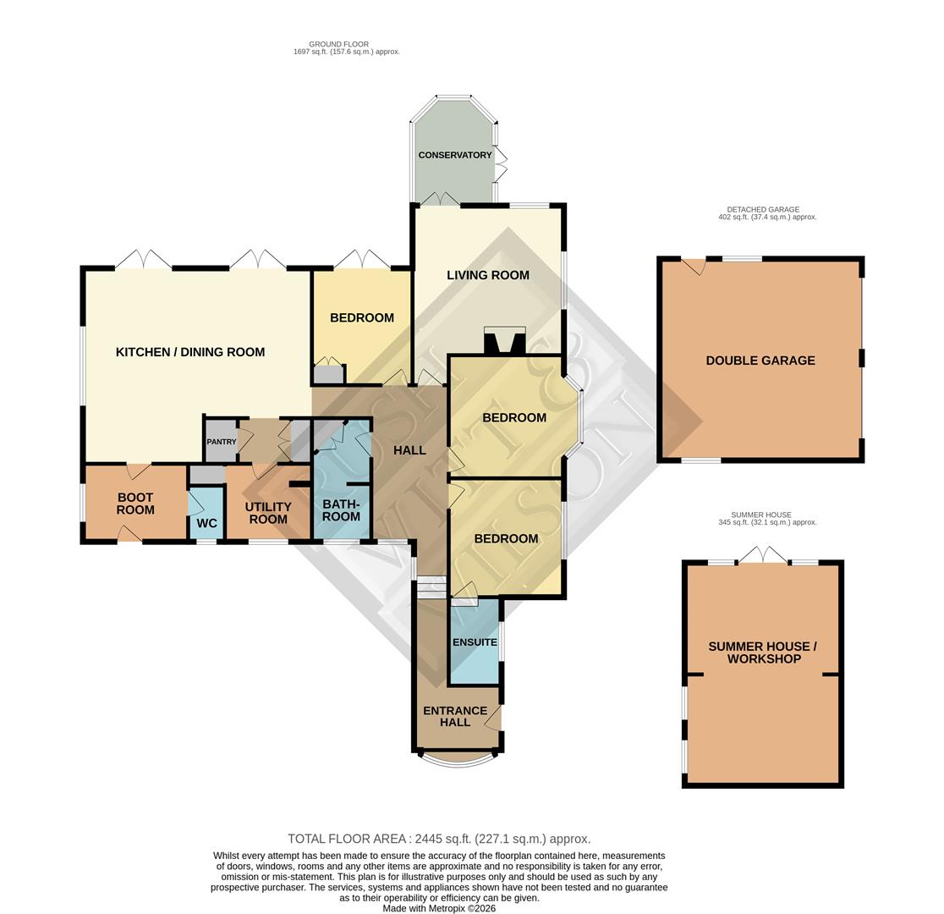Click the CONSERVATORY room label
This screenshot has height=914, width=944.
coord(454,155)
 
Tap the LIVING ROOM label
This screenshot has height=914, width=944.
coord(488,275)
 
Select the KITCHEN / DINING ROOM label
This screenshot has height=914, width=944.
coord(190,352)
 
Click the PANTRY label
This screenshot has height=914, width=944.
coord(222,442)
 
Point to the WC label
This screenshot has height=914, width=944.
coord(206,523)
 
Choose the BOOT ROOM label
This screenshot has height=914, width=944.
coord(135,504)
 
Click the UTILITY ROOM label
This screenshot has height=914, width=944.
coord(268,513)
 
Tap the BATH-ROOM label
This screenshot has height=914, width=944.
coord(341,510)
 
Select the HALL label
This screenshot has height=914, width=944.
coord(409,450)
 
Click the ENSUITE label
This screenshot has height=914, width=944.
coord(475,642)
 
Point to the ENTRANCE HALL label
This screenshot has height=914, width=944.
coord(455,716)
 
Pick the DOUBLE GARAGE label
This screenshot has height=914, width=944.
coord(760,361)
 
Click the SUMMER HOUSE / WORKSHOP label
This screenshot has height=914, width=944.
coord(763,652)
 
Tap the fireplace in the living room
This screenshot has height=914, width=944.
coord(504,340)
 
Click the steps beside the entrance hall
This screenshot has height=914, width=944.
coord(431,587)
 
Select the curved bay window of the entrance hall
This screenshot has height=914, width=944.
coord(458,759)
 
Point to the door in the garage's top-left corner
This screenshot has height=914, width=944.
coord(694,265)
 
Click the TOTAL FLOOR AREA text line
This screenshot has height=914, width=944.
coord(439,839)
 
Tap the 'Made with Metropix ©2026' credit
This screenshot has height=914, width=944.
coord(439,908)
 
